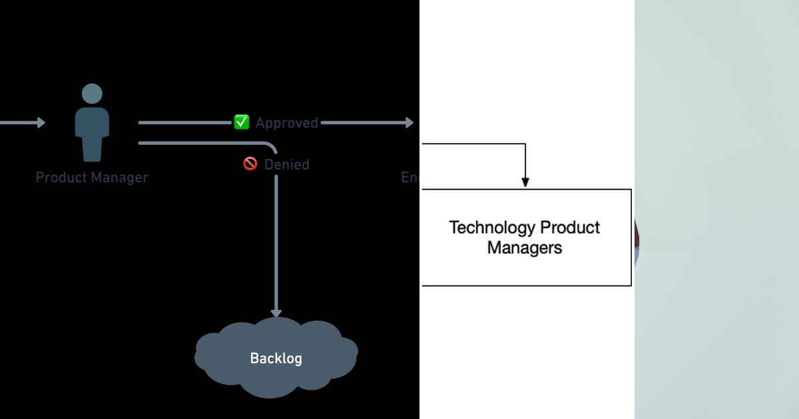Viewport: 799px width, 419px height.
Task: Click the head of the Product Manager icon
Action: click(92, 94)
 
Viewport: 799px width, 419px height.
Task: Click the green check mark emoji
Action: click(241, 122)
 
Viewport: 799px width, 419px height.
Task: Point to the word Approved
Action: click(287, 123)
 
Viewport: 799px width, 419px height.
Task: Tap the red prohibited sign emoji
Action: click(250, 164)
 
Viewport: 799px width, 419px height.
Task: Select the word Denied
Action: click(287, 164)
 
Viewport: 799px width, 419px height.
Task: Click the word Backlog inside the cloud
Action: click(276, 358)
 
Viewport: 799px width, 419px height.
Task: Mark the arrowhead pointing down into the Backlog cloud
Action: click(276, 312)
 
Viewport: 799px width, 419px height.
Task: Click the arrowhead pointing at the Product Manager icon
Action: click(41, 122)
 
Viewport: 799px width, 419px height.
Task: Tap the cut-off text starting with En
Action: click(409, 178)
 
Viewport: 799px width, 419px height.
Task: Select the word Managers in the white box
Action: click(525, 248)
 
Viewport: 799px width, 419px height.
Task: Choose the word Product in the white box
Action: click(570, 227)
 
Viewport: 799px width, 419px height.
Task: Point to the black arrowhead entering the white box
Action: click(525, 182)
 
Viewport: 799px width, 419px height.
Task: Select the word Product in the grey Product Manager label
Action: click(61, 178)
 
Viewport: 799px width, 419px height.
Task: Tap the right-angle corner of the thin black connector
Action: click(525, 144)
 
